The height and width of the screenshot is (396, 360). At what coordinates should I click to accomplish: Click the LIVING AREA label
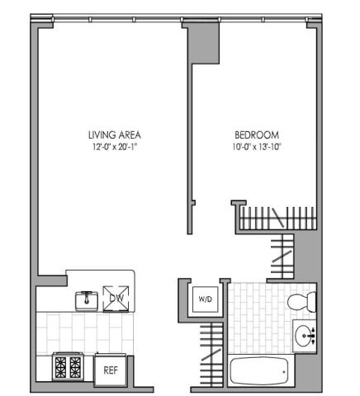click(115, 134)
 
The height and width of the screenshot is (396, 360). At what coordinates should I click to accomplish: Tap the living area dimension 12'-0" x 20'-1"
click(115, 147)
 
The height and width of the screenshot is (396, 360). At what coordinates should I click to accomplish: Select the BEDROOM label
click(257, 134)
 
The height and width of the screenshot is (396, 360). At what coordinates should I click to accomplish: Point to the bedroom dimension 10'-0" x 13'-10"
click(257, 147)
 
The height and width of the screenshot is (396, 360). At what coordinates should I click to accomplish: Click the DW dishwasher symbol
click(116, 299)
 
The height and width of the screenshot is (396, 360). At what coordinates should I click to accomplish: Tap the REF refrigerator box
click(111, 370)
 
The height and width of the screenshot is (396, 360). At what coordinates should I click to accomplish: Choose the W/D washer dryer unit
click(206, 299)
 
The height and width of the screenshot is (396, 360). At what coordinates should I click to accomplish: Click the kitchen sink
click(87, 300)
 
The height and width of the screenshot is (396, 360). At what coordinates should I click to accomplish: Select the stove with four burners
click(68, 367)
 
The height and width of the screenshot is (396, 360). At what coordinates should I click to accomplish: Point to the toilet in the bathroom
click(302, 302)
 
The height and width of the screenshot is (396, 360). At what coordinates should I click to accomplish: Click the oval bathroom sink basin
click(303, 336)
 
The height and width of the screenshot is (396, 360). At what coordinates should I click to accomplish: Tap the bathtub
click(260, 371)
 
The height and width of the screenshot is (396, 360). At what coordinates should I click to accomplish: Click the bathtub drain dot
click(284, 372)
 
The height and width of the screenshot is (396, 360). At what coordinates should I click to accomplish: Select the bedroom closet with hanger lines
click(277, 218)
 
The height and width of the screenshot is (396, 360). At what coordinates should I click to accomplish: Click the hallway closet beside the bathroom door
click(282, 257)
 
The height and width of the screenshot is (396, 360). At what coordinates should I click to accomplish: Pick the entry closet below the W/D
click(211, 354)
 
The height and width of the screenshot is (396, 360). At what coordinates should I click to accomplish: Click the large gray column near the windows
click(203, 43)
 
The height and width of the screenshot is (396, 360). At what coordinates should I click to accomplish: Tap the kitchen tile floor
click(85, 333)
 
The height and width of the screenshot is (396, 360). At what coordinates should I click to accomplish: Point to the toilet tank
click(311, 302)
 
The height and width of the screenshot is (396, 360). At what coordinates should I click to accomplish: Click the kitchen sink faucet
click(87, 297)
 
